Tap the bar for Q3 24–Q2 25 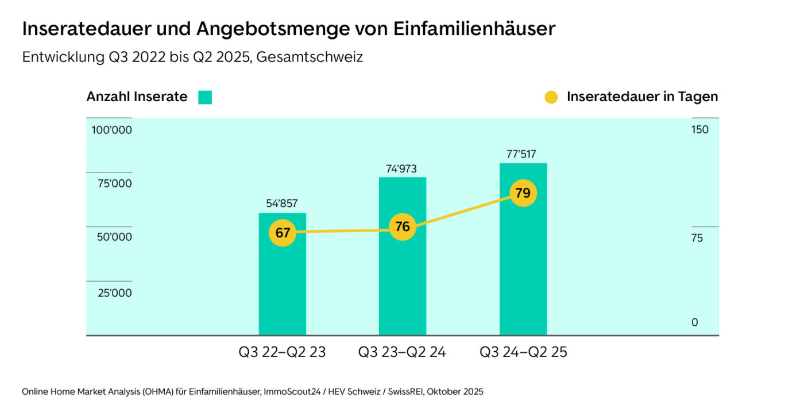pyautogui.click(x=523, y=270)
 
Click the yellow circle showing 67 pyautogui.click(x=283, y=233)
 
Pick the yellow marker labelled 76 pyautogui.click(x=403, y=227)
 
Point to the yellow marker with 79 pyautogui.click(x=523, y=193)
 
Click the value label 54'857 pyautogui.click(x=282, y=203)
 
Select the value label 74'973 pyautogui.click(x=401, y=169)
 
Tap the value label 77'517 pyautogui.click(x=521, y=154)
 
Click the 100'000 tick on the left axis pyautogui.click(x=111, y=130)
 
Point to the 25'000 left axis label pyautogui.click(x=114, y=293)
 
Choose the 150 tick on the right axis pyautogui.click(x=700, y=129)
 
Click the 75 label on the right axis pyautogui.click(x=697, y=239)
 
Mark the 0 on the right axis pyautogui.click(x=695, y=322)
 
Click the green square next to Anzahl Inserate pyautogui.click(x=205, y=97)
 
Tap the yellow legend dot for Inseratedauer pyautogui.click(x=551, y=97)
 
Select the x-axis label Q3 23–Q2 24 pyautogui.click(x=402, y=352)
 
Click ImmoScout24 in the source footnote pyautogui.click(x=291, y=392)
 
